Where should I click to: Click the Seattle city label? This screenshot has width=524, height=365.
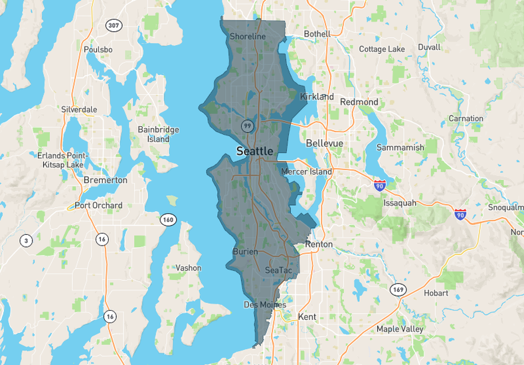pyautogui.click(x=254, y=151)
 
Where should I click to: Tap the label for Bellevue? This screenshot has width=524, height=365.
pyautogui.click(x=325, y=143)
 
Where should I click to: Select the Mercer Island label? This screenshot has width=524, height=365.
pyautogui.click(x=306, y=171)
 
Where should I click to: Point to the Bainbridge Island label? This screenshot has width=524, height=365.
pyautogui.click(x=154, y=134)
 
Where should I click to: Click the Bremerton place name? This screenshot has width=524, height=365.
pyautogui.click(x=106, y=180)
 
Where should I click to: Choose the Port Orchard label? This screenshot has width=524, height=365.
pyautogui.click(x=99, y=205)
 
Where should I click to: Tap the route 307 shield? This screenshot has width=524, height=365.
pyautogui.click(x=113, y=25)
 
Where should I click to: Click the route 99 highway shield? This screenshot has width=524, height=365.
pyautogui.click(x=247, y=125)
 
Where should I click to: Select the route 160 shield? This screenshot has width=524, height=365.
pyautogui.click(x=168, y=219)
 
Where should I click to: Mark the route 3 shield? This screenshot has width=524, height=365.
pyautogui.click(x=26, y=240)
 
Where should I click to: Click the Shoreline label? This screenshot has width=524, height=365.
pyautogui.click(x=247, y=36)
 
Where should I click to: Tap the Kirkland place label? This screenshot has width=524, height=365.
pyautogui.click(x=317, y=96)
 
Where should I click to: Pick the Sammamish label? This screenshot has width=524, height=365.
pyautogui.click(x=400, y=147)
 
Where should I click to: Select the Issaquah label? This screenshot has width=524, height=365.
pyautogui.click(x=400, y=202)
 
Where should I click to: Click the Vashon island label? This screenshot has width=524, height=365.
pyautogui.click(x=189, y=268)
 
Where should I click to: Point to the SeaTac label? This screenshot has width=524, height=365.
pyautogui.click(x=278, y=270)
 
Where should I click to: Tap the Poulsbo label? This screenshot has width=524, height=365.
pyautogui.click(x=98, y=50)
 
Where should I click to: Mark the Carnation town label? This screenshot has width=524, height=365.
pyautogui.click(x=466, y=118)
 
